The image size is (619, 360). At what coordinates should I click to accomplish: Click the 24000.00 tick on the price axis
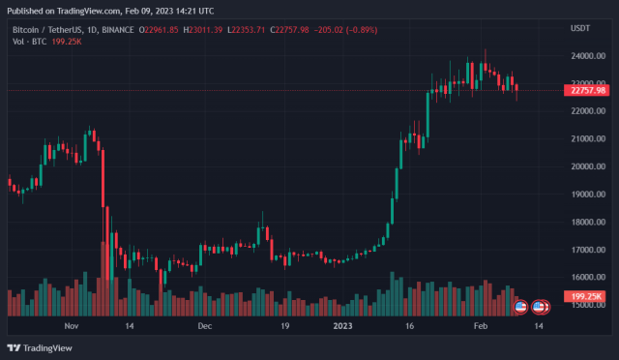point(582,56)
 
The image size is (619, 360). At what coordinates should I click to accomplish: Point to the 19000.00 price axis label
point(582,195)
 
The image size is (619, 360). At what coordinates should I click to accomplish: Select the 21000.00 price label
point(582,139)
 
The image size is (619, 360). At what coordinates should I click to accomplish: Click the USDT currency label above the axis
point(581,29)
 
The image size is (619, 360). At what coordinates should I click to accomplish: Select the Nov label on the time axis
point(70,327)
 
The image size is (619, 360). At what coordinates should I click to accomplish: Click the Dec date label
point(204,327)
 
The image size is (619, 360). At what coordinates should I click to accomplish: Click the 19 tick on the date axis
point(285,327)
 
